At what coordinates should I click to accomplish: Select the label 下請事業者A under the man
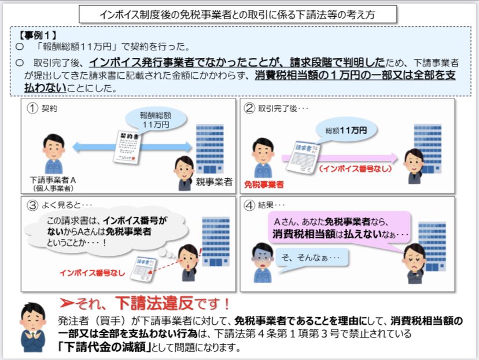coord(53,180)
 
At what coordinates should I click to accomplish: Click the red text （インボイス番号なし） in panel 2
coord(355,168)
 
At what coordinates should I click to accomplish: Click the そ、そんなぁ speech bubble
coord(313,256)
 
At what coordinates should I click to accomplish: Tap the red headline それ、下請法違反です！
coord(147,303)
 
